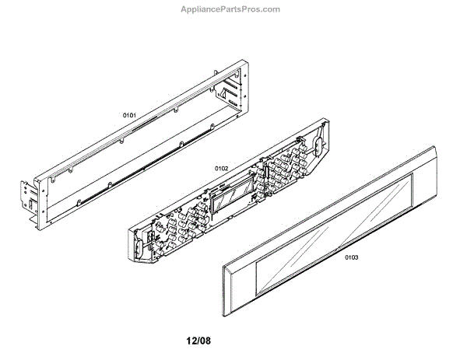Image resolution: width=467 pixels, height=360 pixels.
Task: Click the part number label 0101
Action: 129,116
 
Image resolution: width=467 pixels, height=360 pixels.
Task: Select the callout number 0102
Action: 221,168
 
